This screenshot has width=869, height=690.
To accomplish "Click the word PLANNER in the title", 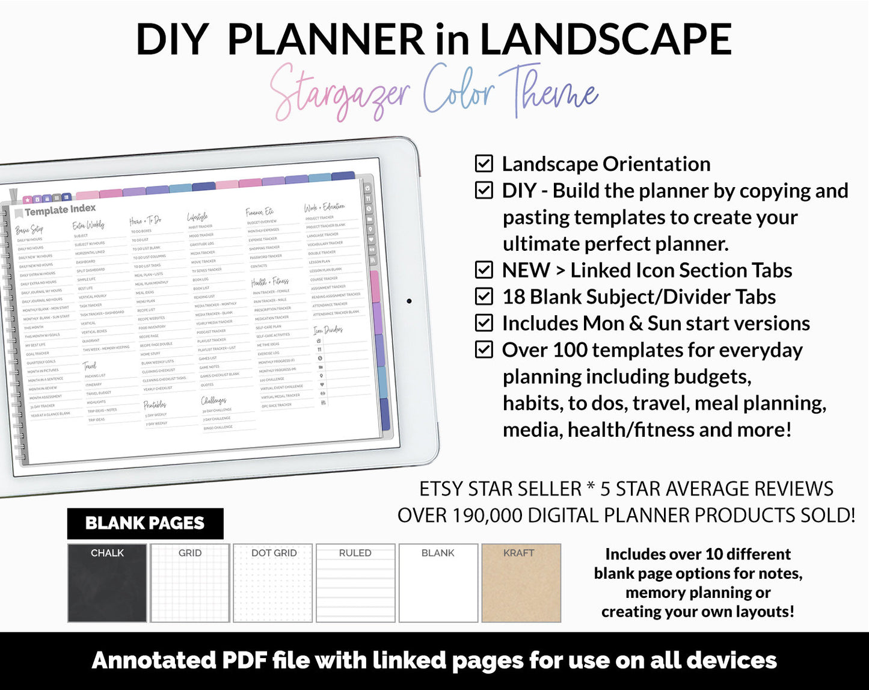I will pyautogui.click(x=326, y=40).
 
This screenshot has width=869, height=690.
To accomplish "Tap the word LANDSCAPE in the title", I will pyautogui.click(x=605, y=40).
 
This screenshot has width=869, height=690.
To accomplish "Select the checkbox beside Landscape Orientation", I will pyautogui.click(x=484, y=164).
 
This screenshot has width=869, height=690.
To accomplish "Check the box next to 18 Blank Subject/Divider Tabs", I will pyautogui.click(x=484, y=297).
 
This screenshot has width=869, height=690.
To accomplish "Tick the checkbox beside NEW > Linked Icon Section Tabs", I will pyautogui.click(x=484, y=270).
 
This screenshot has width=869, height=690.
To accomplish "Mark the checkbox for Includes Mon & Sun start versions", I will pyautogui.click(x=484, y=323).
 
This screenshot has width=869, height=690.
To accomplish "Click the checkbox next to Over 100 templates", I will pyautogui.click(x=484, y=350).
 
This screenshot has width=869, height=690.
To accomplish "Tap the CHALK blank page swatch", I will pyautogui.click(x=107, y=583).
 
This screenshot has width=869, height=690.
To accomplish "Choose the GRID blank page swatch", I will pyautogui.click(x=190, y=583).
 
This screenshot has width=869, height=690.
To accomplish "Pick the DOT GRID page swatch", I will pyautogui.click(x=273, y=583).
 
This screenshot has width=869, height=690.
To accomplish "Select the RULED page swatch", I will pyautogui.click(x=355, y=583).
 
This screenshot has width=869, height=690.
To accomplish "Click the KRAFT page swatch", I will pyautogui.click(x=521, y=583).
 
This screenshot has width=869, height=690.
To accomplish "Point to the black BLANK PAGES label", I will pyautogui.click(x=145, y=523).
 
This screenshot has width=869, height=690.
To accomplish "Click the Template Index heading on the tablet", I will pyautogui.click(x=60, y=210).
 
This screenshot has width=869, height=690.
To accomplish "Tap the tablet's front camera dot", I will pyautogui.click(x=409, y=301).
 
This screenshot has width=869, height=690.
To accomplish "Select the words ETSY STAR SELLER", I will pyautogui.click(x=500, y=489).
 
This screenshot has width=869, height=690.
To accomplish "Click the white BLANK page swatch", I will pyautogui.click(x=438, y=583).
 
